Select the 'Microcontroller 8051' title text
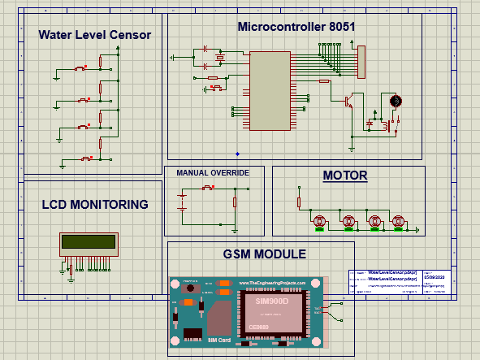coord(296,26)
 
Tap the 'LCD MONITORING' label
coord(94,205)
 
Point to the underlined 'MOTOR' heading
coord(345,176)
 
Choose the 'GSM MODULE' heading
coord(264,254)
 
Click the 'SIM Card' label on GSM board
coord(219,340)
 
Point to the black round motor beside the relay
coord(396,101)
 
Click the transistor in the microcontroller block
coord(348,102)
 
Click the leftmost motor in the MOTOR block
coord(320,221)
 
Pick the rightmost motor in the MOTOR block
coord(399,221)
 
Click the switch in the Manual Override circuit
coord(208,189)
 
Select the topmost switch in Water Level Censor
coord(80,68)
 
